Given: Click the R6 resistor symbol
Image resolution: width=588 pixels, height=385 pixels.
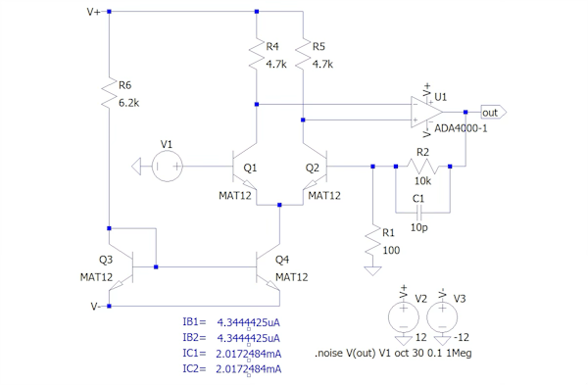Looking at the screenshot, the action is (109, 93).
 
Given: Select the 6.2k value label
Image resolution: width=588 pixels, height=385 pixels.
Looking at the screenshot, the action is (128, 103).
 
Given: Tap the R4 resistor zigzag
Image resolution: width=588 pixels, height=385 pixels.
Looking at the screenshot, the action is (257, 54).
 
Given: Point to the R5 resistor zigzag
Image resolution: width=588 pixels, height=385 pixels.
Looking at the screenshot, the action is (303, 54).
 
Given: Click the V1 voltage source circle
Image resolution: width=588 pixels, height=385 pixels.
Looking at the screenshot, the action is (168, 167).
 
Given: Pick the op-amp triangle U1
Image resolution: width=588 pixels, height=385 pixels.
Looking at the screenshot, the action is (426, 112).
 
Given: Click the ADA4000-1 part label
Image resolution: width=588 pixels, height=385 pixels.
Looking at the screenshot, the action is (461, 128).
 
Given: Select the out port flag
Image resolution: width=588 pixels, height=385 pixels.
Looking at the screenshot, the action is (494, 113).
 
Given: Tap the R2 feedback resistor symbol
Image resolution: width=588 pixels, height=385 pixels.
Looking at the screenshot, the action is (422, 167).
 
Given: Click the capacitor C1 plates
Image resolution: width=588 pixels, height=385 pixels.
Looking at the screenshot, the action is (418, 213).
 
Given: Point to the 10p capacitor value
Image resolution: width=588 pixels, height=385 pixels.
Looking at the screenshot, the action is (418, 227).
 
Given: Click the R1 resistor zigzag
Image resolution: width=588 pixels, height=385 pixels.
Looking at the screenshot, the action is (372, 241).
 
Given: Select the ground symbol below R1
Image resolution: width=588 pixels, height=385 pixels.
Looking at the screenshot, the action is (372, 270).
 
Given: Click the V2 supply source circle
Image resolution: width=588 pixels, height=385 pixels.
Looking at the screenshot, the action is (404, 317).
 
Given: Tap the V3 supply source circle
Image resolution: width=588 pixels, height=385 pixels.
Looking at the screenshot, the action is (442, 317).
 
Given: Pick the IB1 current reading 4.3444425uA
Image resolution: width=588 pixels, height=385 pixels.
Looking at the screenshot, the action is (248, 322).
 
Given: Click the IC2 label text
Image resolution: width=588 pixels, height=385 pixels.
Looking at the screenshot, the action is (194, 369).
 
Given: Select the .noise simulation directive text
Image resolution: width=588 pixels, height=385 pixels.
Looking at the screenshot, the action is (393, 353).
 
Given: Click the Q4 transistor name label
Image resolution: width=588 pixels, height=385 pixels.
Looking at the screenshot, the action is (282, 260).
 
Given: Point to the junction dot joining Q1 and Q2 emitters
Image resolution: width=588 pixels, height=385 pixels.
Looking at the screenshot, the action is (279, 205).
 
